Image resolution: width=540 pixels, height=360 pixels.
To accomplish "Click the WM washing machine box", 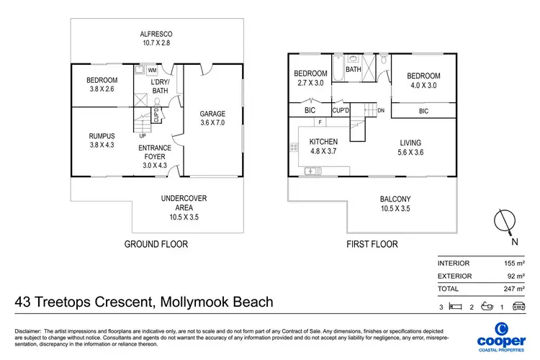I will (x=152, y=71).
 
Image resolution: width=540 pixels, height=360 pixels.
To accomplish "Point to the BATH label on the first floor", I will (x=354, y=70).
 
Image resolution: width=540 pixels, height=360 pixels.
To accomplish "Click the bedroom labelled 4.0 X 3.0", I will (x=423, y=81).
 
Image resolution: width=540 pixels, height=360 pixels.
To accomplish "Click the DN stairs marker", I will (x=382, y=110).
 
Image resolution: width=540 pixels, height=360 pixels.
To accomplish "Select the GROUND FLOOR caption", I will (x=156, y=244).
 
